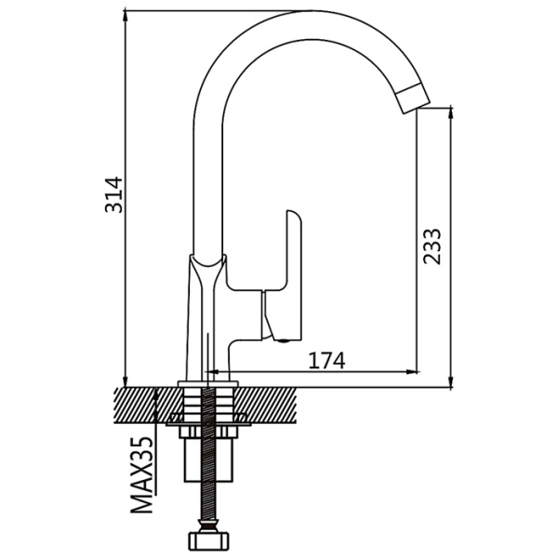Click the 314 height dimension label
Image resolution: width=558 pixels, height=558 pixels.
pyautogui.click(x=113, y=194)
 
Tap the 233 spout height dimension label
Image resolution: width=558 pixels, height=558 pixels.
pyautogui.click(x=432, y=246)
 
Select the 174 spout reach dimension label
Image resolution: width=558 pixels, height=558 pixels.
pyautogui.click(x=326, y=361)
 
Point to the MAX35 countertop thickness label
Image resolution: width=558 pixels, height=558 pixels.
pyautogui.click(x=142, y=474)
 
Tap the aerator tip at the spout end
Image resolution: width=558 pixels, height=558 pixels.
pyautogui.click(x=414, y=99)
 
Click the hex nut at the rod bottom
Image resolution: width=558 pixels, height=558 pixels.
pyautogui.click(x=207, y=541)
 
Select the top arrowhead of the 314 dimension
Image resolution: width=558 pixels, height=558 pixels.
pyautogui.click(x=125, y=16)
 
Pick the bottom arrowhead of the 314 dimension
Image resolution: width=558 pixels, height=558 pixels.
pyautogui.click(x=125, y=381)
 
